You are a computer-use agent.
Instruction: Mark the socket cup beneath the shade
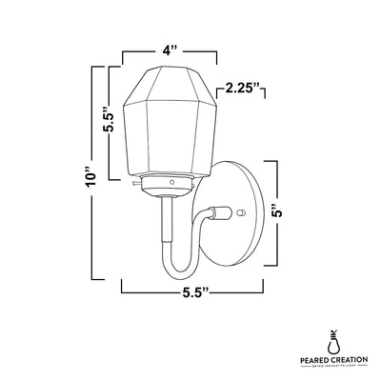click(x=170, y=182)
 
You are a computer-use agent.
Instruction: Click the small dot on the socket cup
click(x=170, y=181)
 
